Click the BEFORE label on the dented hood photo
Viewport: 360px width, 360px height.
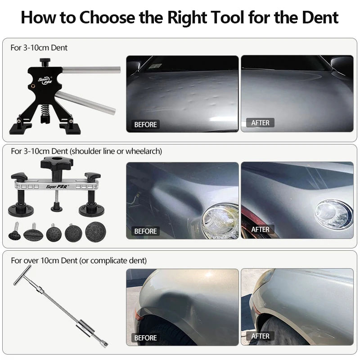click(x=145, y=125)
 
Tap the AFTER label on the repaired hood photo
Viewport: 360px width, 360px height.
click(x=260, y=123)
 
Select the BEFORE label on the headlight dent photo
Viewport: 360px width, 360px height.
click(x=145, y=231)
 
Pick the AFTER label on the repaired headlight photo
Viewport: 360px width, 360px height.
click(x=260, y=229)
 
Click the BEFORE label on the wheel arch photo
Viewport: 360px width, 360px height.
click(x=145, y=338)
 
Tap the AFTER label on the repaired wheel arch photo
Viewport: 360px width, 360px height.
click(x=260, y=336)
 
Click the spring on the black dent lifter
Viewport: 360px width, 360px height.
click(x=45, y=110)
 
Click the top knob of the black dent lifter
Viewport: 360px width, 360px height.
click(x=45, y=61)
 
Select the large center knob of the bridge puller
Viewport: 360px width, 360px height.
click(x=57, y=162)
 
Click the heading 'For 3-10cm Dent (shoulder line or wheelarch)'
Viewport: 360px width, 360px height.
click(x=86, y=152)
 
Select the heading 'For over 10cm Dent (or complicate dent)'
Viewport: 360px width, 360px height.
click(x=79, y=261)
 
